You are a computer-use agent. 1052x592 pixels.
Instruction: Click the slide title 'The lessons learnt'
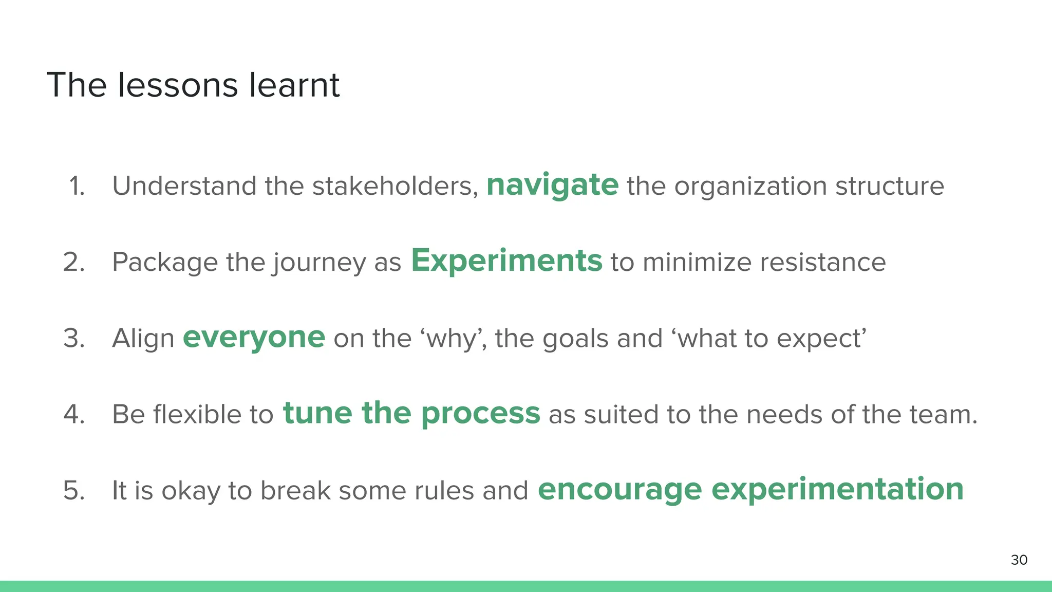point(193,85)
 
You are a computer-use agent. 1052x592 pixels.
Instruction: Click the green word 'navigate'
point(552,185)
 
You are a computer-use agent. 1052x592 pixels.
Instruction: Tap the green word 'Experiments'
point(506,261)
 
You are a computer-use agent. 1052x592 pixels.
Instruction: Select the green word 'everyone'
point(254,337)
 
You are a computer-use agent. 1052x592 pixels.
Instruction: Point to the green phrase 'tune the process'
point(411,413)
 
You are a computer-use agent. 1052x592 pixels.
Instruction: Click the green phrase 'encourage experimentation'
point(750,489)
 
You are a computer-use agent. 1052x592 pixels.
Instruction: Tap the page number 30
point(1019,560)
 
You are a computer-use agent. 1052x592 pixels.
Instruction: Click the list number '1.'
point(77,186)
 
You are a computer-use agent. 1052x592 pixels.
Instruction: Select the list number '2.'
point(74,262)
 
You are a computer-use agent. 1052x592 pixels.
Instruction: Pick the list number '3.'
point(74,338)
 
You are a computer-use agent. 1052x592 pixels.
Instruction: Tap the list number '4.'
point(74,414)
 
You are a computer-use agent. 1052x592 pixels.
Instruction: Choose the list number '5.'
point(74,490)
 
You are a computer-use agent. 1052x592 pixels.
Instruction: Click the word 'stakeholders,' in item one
point(395,186)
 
